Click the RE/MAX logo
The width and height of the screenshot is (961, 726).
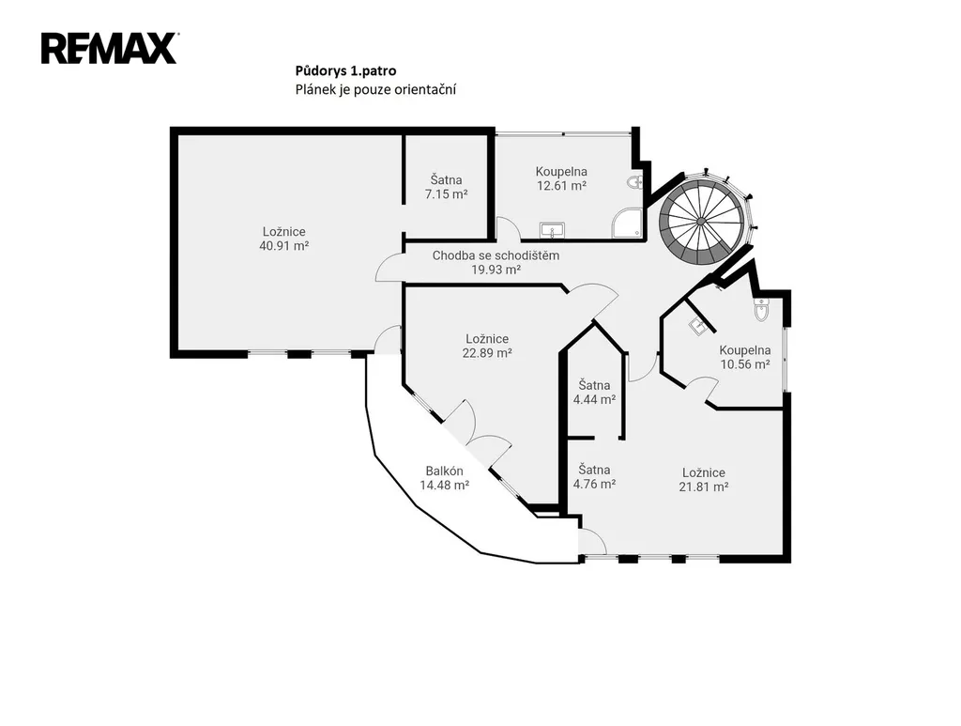110,49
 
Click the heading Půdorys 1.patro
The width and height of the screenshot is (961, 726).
345,71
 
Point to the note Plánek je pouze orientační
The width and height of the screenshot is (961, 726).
375,89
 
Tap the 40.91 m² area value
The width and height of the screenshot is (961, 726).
283,246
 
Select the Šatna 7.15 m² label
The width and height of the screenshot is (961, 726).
446,187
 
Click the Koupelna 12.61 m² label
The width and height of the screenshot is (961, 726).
561,178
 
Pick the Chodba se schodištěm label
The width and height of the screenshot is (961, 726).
496,255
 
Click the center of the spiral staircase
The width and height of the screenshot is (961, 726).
700,220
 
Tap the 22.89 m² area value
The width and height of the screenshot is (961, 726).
487,353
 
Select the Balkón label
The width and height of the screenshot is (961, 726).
444,471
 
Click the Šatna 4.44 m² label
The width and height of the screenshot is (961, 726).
594,393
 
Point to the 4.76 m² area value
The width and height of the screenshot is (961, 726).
594,484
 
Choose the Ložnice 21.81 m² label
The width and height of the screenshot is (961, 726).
704,480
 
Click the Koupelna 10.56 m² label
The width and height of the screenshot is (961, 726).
744,357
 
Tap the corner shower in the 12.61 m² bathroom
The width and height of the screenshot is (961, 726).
628,223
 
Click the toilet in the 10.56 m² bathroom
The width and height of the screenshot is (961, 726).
760,310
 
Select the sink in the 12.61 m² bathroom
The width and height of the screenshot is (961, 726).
552,230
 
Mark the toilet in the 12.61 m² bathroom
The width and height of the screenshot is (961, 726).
635,182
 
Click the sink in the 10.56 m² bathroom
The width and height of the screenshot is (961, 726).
697,326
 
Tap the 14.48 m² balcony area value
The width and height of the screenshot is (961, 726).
444,485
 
